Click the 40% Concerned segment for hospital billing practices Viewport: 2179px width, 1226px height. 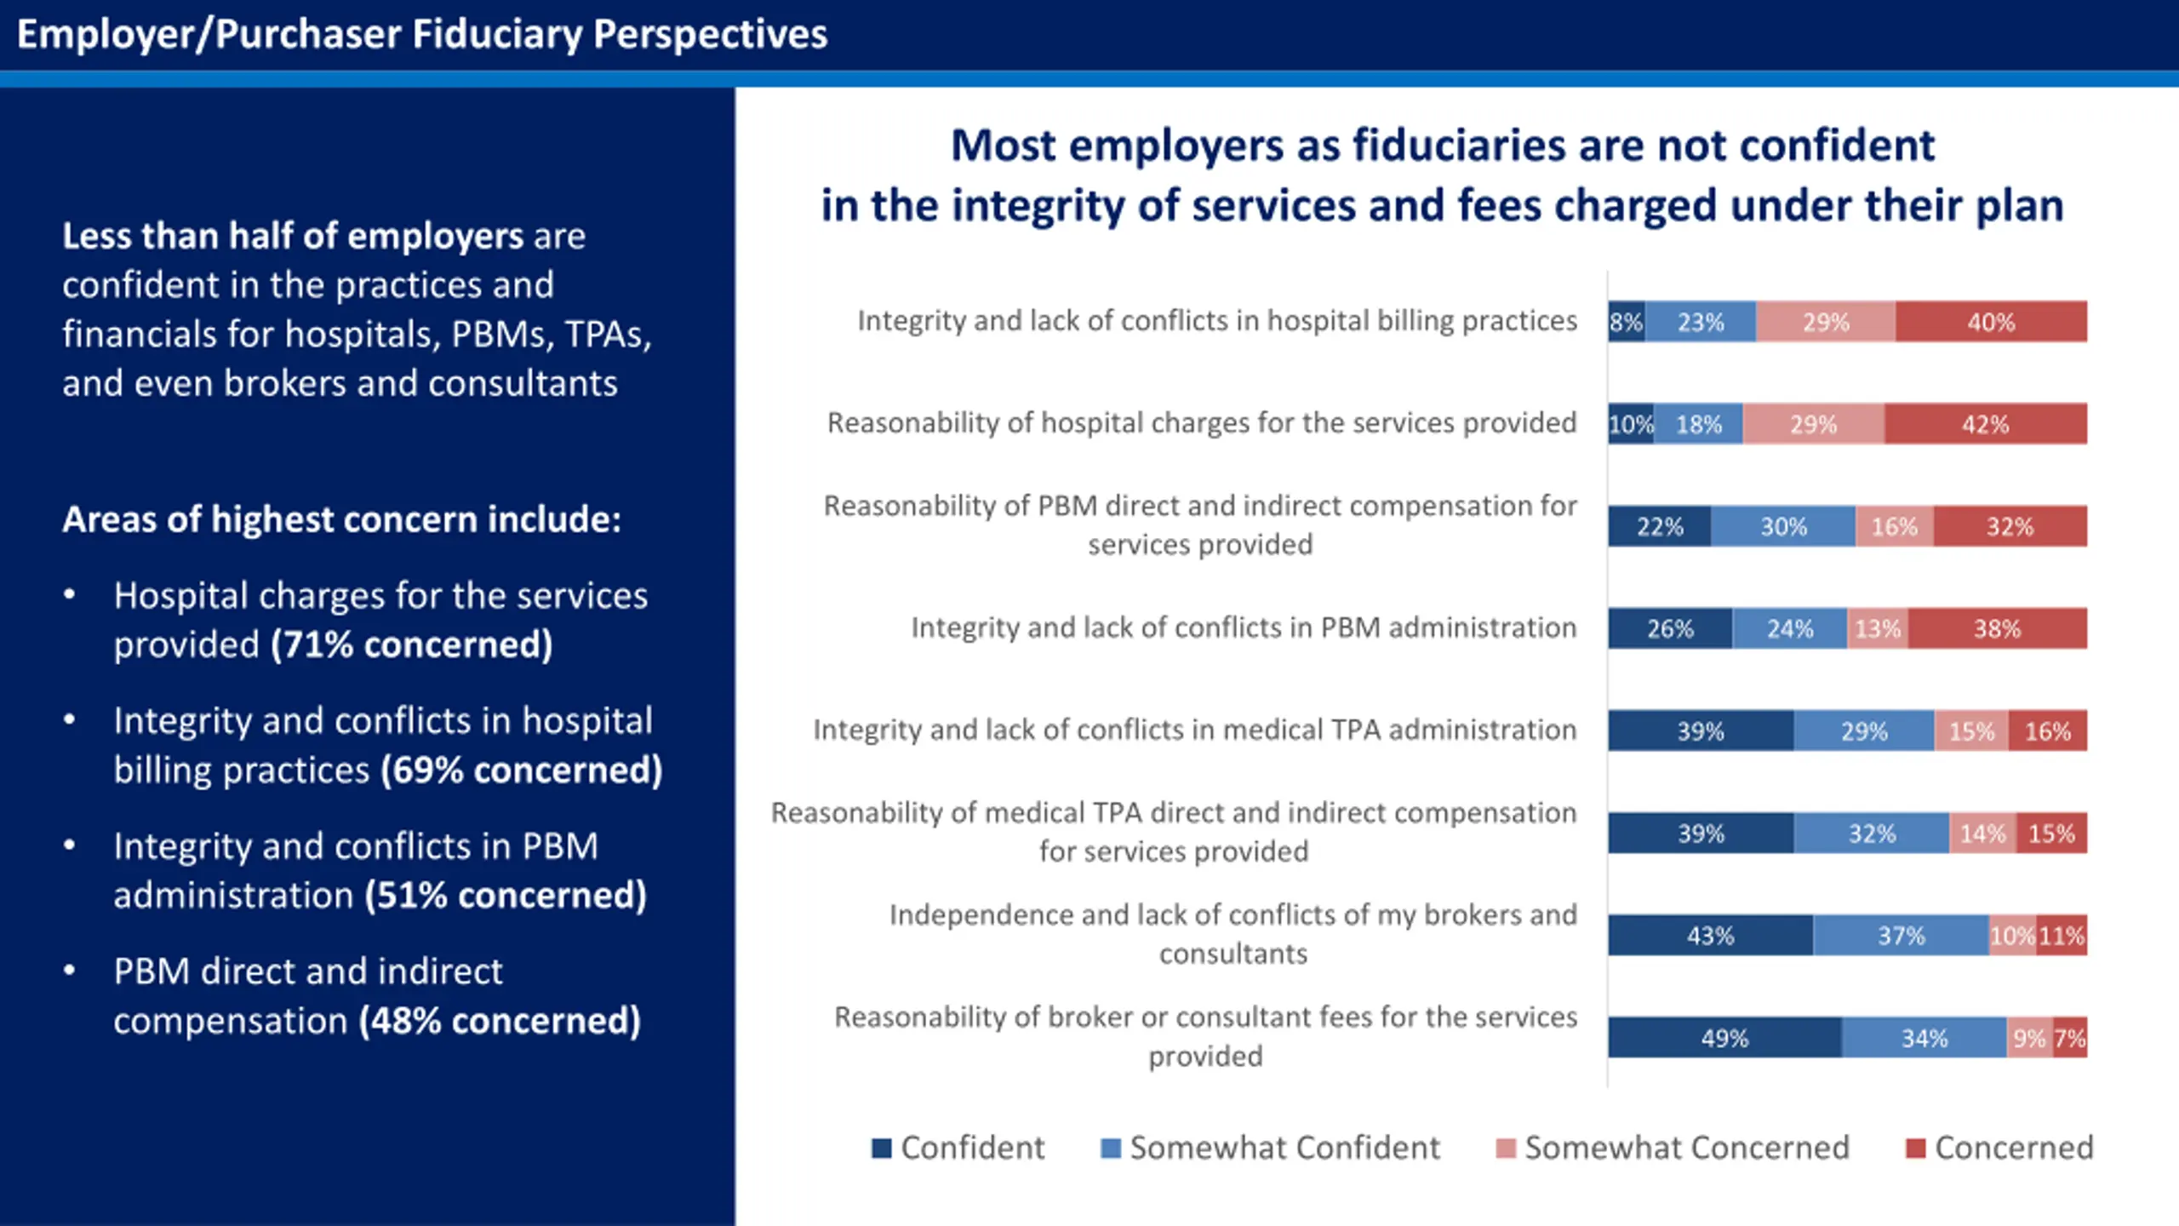point(1990,322)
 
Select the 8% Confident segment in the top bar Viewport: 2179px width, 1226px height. point(1626,322)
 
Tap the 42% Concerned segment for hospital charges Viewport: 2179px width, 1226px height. point(1985,424)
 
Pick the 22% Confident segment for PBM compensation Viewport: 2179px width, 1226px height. point(1659,526)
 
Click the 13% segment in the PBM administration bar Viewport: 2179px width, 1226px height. point(1877,628)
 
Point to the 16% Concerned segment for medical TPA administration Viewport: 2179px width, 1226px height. point(2047,730)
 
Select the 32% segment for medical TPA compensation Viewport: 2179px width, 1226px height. point(1871,833)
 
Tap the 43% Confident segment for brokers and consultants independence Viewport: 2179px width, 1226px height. point(1710,936)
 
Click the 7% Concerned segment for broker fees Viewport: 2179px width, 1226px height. point(2069,1038)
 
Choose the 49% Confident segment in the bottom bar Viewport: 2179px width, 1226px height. point(1724,1038)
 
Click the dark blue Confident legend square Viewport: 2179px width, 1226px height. point(882,1149)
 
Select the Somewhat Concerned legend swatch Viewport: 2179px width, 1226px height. point(1506,1149)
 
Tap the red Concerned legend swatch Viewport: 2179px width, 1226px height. point(1915,1149)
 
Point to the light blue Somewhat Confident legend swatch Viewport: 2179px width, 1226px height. point(1110,1149)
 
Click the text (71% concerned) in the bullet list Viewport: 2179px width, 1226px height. point(412,645)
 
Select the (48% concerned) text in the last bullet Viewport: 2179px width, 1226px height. point(500,1020)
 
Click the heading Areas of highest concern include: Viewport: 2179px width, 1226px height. point(341,518)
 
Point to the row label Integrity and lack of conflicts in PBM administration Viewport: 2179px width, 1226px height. point(1244,627)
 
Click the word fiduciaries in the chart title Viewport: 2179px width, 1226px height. point(1459,145)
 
